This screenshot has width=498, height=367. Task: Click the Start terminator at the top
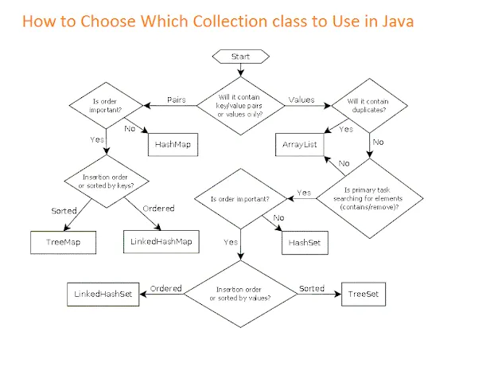239,57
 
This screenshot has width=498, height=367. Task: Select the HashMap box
173,145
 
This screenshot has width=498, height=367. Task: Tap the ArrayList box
300,145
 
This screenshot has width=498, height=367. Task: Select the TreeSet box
364,295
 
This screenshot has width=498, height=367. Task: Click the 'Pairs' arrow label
177,100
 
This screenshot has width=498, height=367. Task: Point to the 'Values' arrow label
301,100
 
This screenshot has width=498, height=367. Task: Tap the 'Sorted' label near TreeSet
311,288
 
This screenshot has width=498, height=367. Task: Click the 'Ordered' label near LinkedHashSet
166,288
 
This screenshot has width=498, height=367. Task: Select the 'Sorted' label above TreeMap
64,211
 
